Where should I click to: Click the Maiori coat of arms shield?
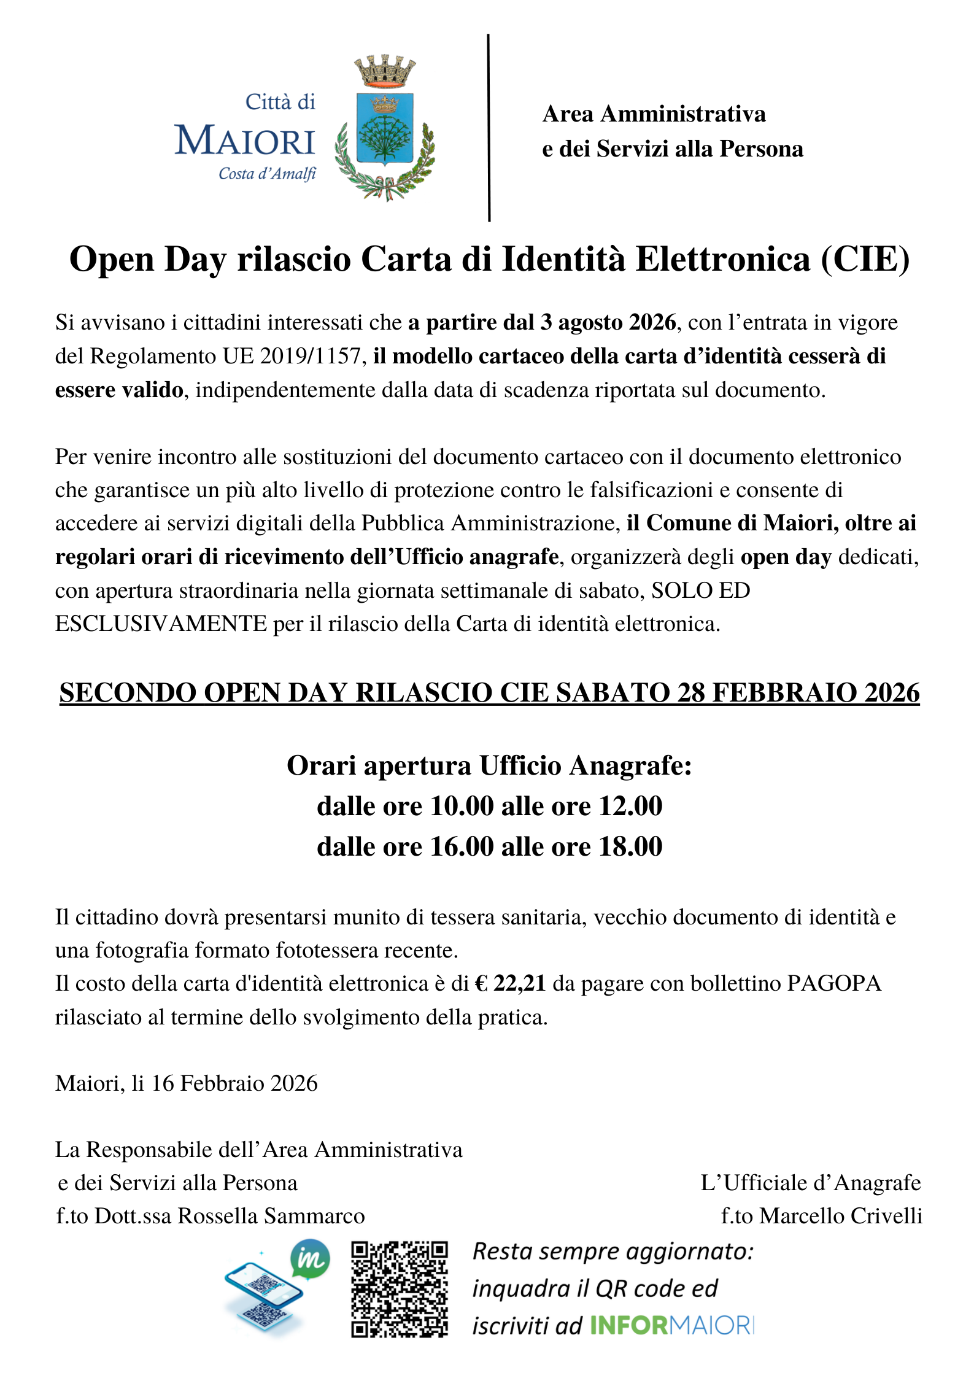point(385,129)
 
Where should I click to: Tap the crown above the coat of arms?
point(385,70)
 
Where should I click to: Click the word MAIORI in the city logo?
point(245,141)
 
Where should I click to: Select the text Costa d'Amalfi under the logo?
point(267,174)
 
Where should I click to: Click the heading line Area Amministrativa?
point(654,114)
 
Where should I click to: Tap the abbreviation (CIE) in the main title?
point(865,259)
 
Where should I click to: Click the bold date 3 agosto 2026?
point(608,323)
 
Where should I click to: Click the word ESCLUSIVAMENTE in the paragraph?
point(161,624)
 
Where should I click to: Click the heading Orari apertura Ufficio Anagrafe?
point(489,765)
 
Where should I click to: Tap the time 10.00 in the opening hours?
point(462,806)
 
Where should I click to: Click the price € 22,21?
point(511,983)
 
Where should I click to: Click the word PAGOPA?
point(834,983)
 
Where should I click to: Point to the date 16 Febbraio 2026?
point(234,1083)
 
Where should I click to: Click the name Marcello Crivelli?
point(840,1215)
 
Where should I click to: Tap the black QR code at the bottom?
point(400,1289)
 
